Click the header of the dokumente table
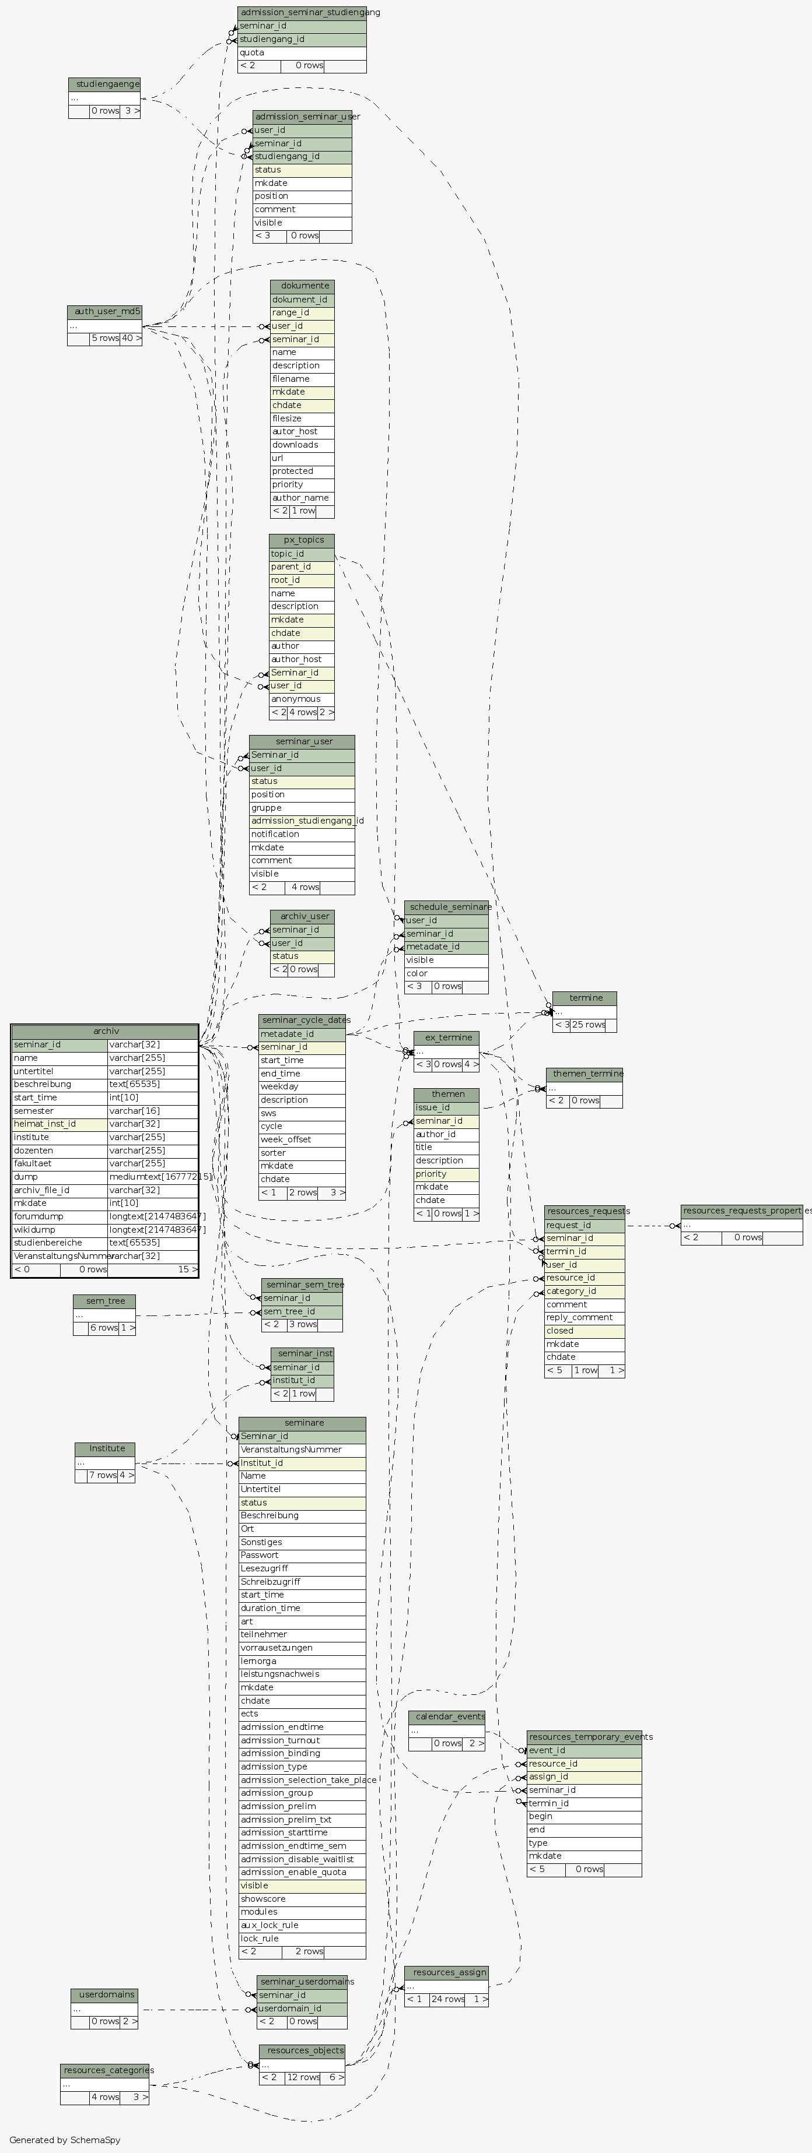click(x=302, y=286)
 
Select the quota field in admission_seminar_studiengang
click(x=301, y=52)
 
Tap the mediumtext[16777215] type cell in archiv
click(x=153, y=1177)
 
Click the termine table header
click(x=584, y=998)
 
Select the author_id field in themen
click(x=446, y=1134)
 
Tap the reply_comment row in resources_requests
click(x=584, y=1317)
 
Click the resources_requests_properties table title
click(x=741, y=1211)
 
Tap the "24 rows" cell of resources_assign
click(x=447, y=2000)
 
